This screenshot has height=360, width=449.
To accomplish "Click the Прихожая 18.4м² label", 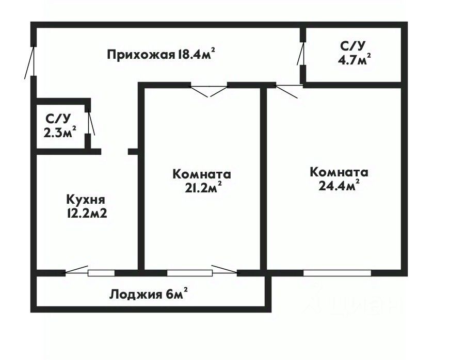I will click(161, 54).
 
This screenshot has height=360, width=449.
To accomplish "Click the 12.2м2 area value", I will click(86, 213).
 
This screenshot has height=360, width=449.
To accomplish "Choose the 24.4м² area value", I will click(339, 186).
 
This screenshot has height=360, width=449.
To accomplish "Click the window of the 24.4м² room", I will click(336, 272).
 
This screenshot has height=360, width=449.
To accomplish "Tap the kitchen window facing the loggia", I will click(101, 272).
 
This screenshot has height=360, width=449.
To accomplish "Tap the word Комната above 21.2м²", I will click(201, 174).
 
